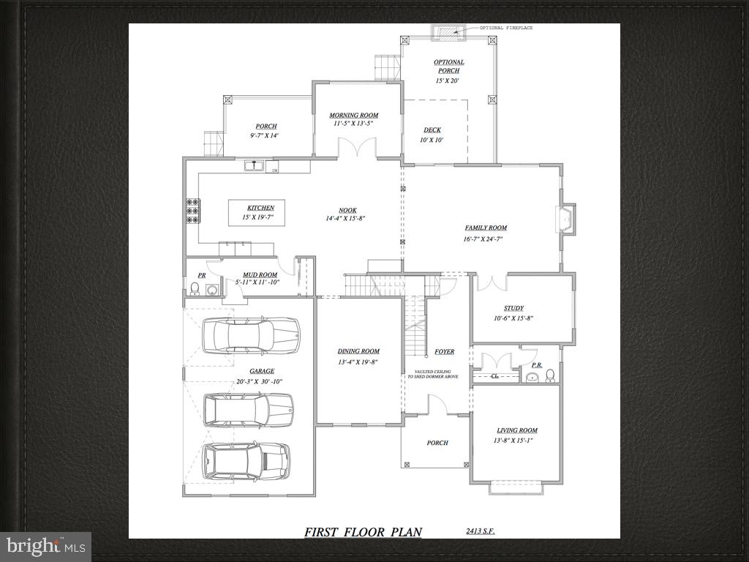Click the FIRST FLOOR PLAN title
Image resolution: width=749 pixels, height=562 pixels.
[363, 532]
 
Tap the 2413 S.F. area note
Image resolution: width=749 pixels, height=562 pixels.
[480, 531]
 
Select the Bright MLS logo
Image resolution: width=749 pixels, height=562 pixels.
[45, 546]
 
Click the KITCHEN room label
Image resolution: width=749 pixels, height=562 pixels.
[260, 208]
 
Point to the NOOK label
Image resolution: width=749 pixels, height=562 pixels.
[347, 211]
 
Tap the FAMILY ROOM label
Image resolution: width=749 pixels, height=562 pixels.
[486, 228]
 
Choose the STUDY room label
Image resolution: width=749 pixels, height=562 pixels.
[513, 309]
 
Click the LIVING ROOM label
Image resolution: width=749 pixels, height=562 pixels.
[517, 431]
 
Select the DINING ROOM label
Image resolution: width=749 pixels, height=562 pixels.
[358, 352]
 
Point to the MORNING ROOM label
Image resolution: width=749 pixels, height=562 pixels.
[353, 116]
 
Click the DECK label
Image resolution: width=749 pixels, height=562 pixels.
[432, 130]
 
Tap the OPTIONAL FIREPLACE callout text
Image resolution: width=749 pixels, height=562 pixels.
[506, 28]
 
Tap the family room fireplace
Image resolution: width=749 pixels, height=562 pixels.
[566, 219]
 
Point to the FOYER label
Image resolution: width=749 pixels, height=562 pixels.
[444, 352]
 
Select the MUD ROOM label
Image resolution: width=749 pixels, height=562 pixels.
[260, 276]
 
